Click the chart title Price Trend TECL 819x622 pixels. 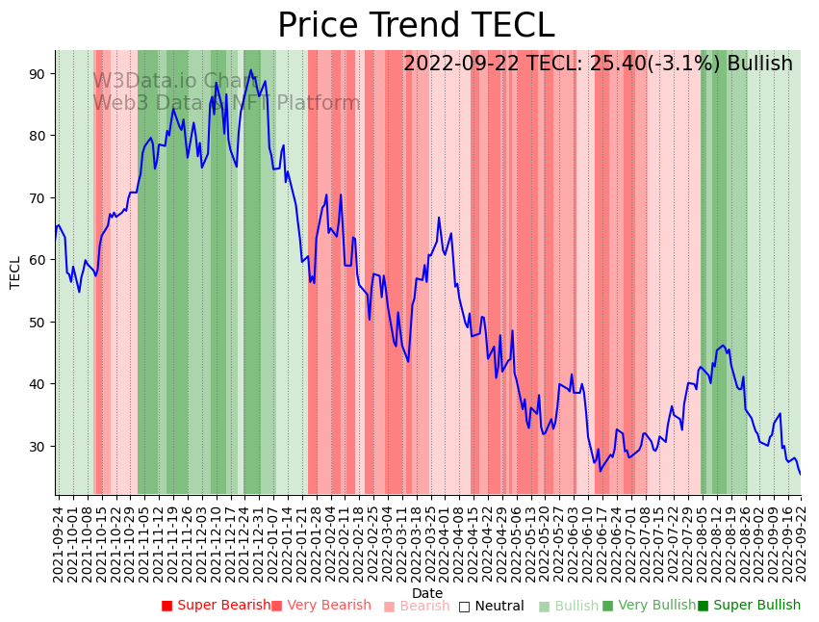click(416, 26)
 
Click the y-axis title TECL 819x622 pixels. click(15, 272)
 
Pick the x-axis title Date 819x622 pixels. click(427, 593)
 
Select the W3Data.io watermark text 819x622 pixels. click(144, 81)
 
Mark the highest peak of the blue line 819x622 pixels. click(251, 70)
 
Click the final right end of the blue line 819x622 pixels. click(800, 474)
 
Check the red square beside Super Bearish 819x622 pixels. click(166, 606)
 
